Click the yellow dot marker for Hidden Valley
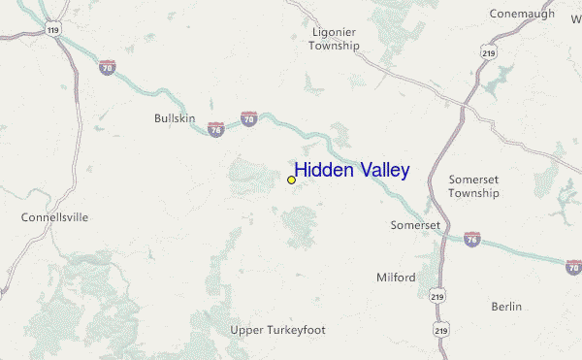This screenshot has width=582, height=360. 291,180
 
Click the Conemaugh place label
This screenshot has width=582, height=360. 522,14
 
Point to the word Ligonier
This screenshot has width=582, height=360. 334,31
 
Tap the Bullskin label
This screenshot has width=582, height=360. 175,118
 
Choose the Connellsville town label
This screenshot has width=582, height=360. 54,217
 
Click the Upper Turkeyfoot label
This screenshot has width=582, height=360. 277,330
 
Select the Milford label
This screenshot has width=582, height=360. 396,278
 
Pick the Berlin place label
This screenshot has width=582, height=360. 506,307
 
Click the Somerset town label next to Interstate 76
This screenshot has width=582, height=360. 415,225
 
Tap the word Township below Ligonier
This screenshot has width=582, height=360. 334,46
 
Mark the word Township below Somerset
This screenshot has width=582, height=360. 473,193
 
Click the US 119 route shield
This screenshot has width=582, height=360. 52,30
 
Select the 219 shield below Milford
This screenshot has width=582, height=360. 438,295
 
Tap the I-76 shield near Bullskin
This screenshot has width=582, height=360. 216,128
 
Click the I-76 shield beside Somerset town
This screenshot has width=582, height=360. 472,237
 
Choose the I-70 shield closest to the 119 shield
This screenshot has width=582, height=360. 106,67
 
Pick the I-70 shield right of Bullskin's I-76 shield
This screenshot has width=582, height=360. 249,118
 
